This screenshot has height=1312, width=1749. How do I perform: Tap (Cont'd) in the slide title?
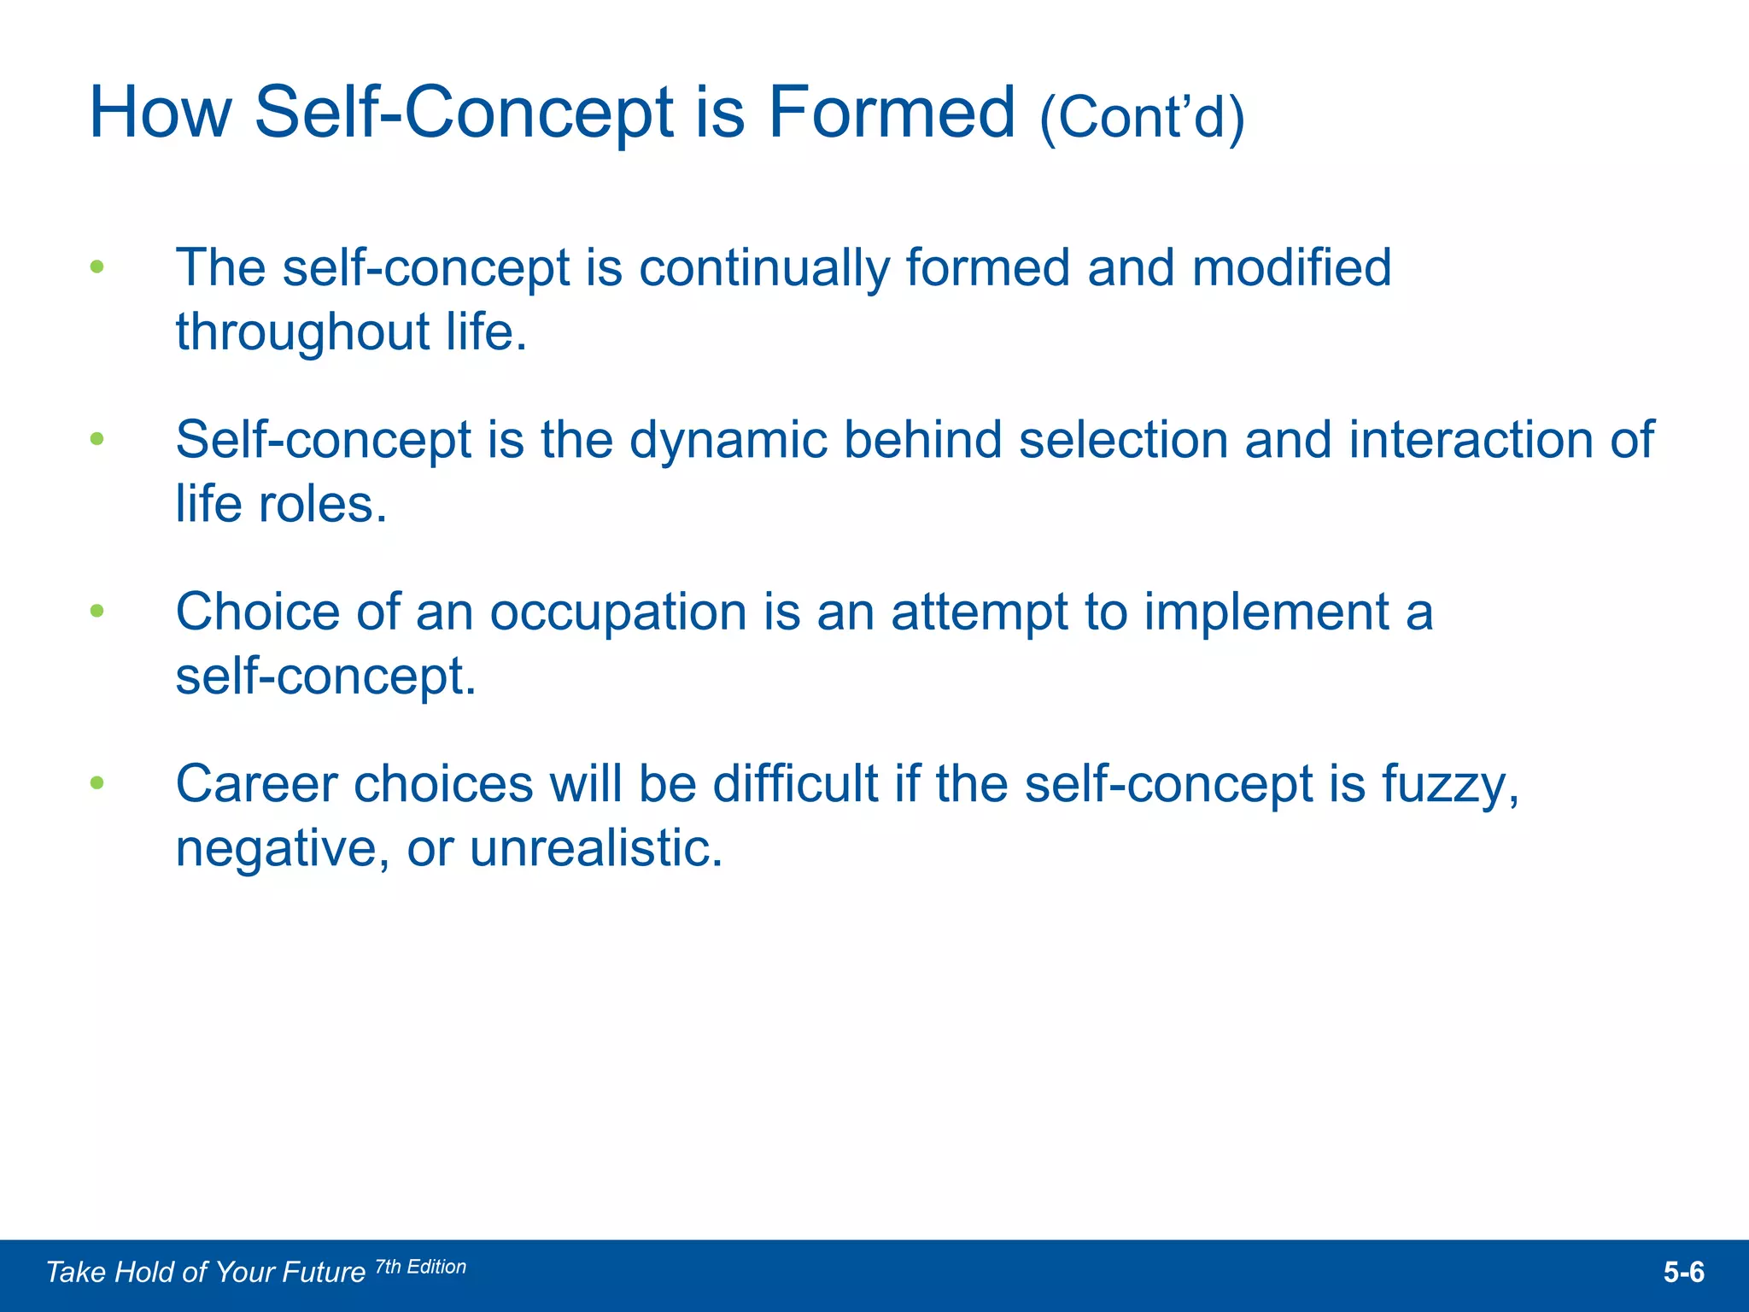click(1142, 117)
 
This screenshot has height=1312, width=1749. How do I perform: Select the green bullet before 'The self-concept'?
click(97, 266)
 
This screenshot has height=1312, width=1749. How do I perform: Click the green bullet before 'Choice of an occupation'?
click(97, 611)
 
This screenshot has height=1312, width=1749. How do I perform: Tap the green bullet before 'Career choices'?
click(97, 782)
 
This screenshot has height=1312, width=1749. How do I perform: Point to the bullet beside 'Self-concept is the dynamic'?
click(97, 439)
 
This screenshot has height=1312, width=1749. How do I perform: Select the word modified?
click(1291, 267)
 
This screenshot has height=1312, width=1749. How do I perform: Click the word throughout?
click(302, 331)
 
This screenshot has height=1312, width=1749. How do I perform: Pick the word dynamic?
click(728, 440)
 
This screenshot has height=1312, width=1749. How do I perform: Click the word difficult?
click(795, 783)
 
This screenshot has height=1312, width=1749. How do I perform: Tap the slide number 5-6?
click(1683, 1273)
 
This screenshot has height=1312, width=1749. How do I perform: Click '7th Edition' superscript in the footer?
click(421, 1267)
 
